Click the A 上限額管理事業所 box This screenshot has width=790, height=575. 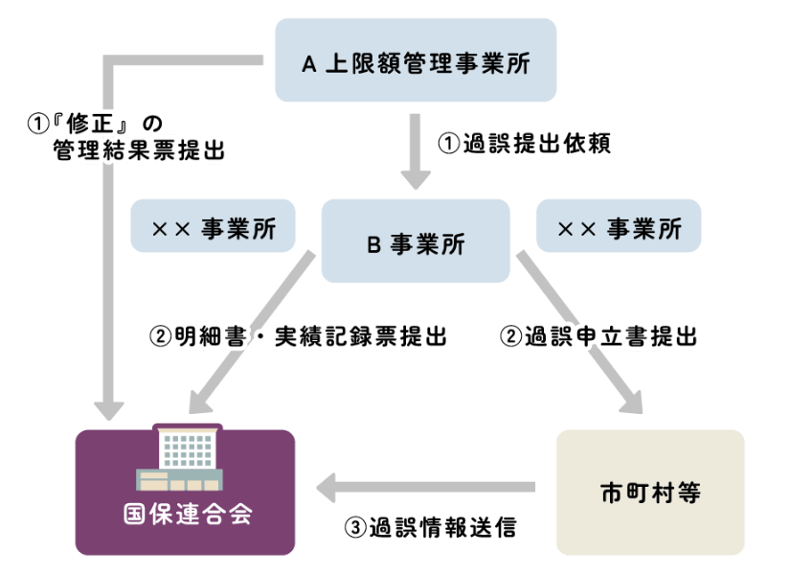(416, 60)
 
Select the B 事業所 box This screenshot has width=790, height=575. (416, 241)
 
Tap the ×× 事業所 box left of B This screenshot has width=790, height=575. (212, 227)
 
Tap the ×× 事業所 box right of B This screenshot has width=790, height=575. (619, 227)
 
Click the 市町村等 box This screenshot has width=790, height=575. (650, 493)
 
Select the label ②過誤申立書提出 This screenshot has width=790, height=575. (598, 336)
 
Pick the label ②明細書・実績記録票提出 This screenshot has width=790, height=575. (298, 336)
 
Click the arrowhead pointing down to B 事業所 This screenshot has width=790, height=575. (416, 178)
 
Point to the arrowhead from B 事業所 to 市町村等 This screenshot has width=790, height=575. (633, 402)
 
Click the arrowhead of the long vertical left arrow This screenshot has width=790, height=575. (112, 407)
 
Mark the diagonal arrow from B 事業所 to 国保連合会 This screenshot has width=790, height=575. (254, 331)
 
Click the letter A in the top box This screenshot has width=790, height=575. (308, 63)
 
